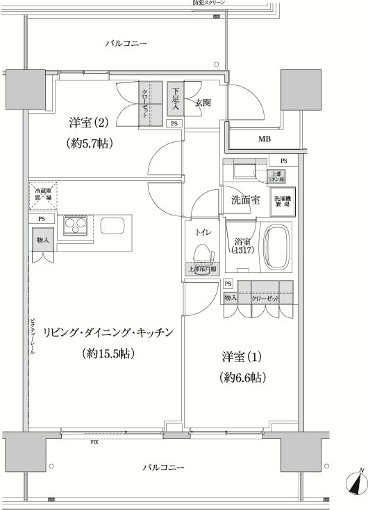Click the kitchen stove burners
click(74, 227)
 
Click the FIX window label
click(93, 441)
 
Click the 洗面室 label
click(245, 200)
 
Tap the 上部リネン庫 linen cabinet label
click(276, 176)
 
